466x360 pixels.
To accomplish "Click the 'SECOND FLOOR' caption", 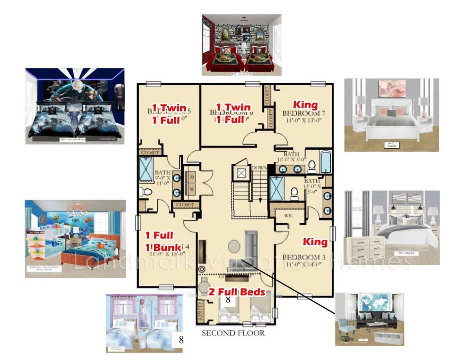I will click(233, 333).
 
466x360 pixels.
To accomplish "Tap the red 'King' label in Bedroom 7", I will click(305, 105).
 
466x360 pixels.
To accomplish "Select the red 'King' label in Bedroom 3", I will click(315, 241).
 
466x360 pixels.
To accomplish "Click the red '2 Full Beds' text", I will click(237, 292).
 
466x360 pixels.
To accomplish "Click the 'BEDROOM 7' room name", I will click(304, 113).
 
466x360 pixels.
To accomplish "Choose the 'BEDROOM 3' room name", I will click(304, 257).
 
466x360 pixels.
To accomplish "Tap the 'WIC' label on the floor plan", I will click(289, 216).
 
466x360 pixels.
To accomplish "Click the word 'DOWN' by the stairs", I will click(259, 167).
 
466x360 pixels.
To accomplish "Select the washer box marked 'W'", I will click(192, 189).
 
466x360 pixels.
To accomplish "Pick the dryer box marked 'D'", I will click(192, 177).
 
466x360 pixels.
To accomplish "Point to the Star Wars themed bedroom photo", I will click(75, 106).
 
